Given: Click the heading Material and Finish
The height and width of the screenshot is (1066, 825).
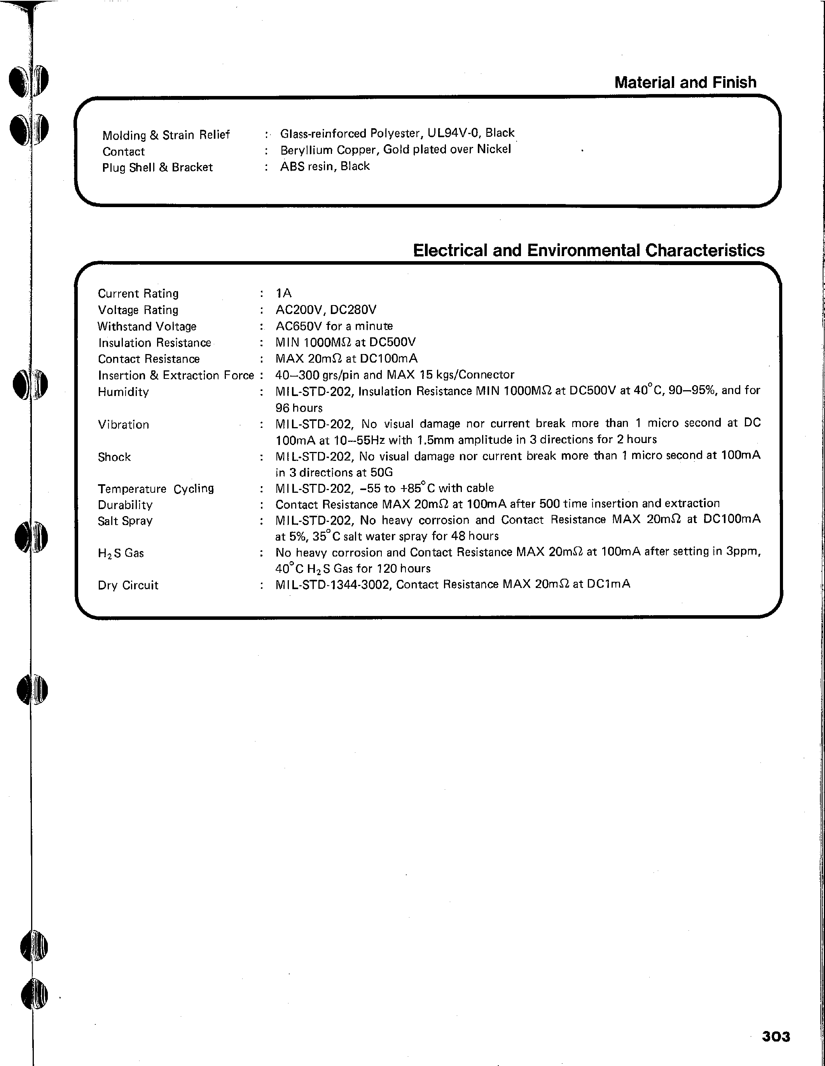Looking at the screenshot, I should pyautogui.click(x=685, y=82).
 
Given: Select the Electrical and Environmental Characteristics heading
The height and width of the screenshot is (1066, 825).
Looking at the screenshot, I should pyautogui.click(x=588, y=250).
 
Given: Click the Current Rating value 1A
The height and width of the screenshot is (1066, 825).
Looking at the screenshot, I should pyautogui.click(x=283, y=293).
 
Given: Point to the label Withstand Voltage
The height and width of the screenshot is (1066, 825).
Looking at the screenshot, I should pyautogui.click(x=147, y=326).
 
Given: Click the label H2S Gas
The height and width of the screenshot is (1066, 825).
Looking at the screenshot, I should pyautogui.click(x=121, y=553).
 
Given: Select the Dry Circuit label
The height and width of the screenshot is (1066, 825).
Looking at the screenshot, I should pyautogui.click(x=128, y=585).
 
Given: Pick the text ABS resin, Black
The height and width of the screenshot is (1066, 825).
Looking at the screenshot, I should pyautogui.click(x=325, y=166).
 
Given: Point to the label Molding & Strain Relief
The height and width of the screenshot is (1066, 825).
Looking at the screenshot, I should pyautogui.click(x=166, y=135).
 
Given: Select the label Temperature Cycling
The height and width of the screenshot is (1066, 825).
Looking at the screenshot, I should pyautogui.click(x=156, y=489).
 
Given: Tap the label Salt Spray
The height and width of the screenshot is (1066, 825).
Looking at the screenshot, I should pyautogui.click(x=125, y=521).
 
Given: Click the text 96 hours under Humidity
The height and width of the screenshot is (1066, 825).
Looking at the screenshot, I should pyautogui.click(x=299, y=408).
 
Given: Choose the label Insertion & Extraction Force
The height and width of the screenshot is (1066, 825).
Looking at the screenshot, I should pyautogui.click(x=176, y=375).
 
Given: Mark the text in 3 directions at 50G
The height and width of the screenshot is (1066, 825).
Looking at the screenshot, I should pyautogui.click(x=334, y=472).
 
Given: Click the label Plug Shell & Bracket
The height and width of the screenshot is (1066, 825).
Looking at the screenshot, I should pyautogui.click(x=157, y=167).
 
